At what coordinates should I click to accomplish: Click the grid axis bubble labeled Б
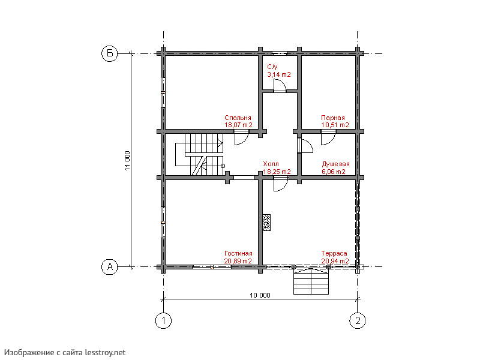(x=110, y=53)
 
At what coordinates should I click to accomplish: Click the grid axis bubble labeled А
(x=110, y=267)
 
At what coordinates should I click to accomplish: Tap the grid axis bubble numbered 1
(x=163, y=321)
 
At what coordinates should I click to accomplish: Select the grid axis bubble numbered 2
(x=358, y=321)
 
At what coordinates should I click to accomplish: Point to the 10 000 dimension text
(x=260, y=295)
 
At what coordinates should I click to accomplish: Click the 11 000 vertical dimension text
(x=127, y=160)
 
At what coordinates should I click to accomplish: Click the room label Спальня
(x=238, y=118)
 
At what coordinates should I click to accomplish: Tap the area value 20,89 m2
(x=238, y=261)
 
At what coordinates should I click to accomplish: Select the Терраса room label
(x=334, y=253)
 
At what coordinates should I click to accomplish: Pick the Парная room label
(x=333, y=118)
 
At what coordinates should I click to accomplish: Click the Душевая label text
(x=335, y=164)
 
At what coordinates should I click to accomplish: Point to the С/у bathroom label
(x=272, y=67)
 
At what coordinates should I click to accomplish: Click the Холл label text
(x=271, y=164)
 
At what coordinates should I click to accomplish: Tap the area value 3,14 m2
(x=279, y=74)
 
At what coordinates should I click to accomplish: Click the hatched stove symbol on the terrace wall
(x=266, y=222)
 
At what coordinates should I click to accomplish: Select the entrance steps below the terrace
(x=311, y=281)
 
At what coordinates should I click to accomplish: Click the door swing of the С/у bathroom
(x=280, y=85)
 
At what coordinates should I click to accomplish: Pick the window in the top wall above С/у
(x=280, y=53)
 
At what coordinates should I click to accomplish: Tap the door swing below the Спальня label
(x=242, y=137)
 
